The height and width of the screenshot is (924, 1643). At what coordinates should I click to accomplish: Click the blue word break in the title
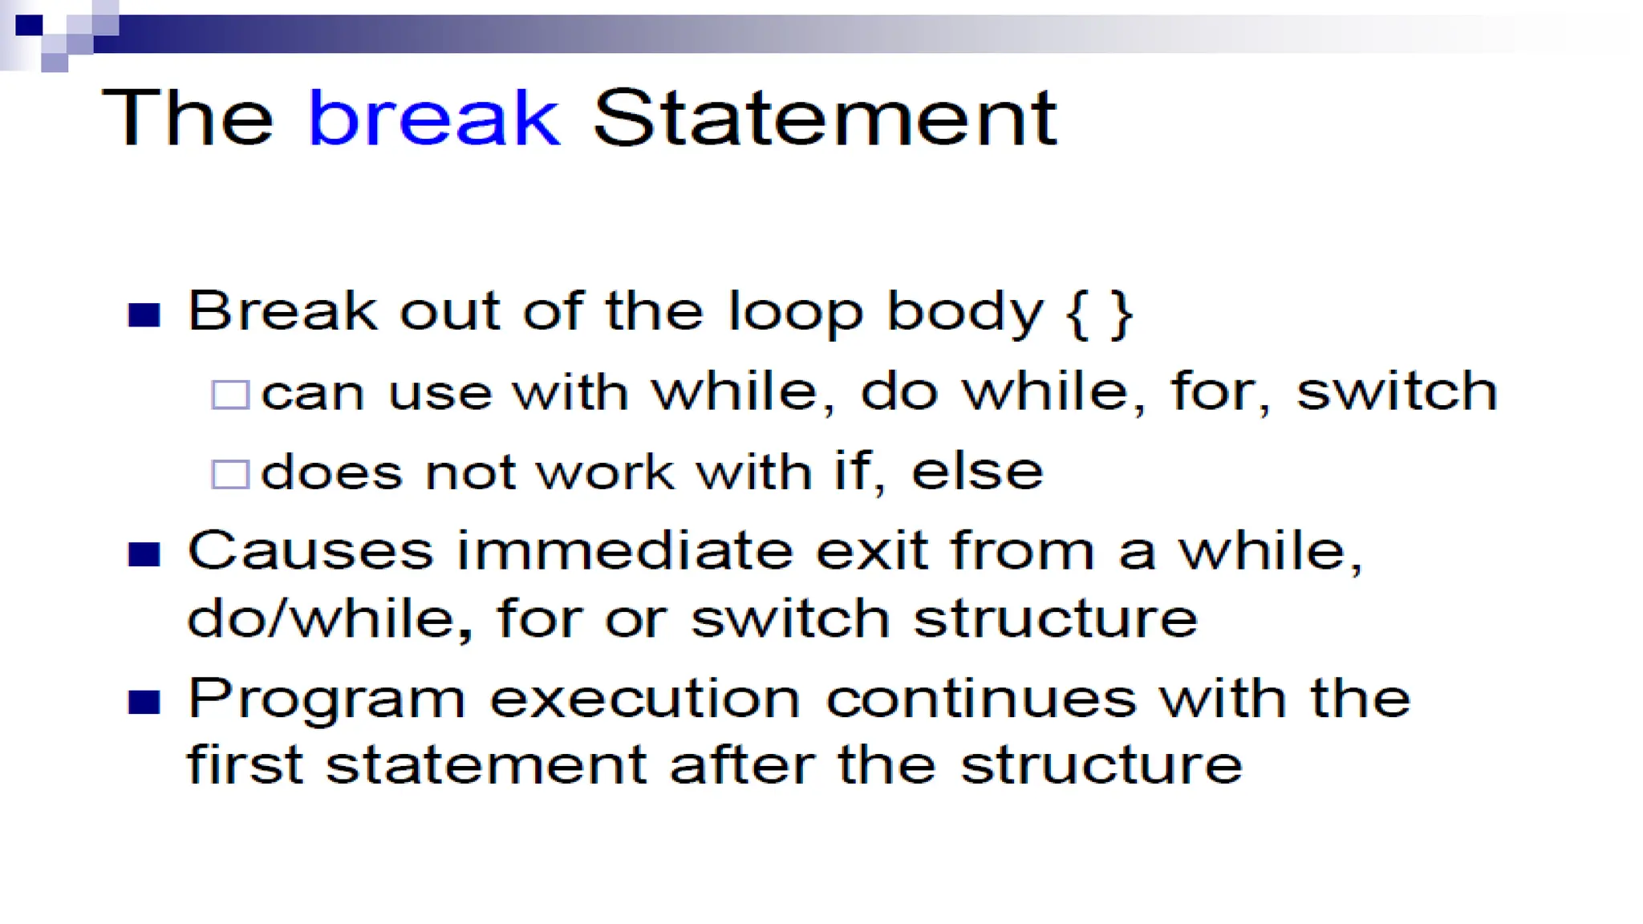coord(433,118)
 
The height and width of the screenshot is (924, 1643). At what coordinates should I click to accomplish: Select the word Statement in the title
coord(825,118)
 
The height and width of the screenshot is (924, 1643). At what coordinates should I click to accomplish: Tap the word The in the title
coord(188,118)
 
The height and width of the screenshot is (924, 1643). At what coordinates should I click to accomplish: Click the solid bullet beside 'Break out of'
coord(144,314)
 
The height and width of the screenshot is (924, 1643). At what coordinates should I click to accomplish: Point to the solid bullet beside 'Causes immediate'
coord(144,554)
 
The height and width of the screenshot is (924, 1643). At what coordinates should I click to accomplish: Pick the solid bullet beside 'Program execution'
coord(144,702)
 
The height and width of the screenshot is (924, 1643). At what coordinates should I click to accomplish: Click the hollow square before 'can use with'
coord(230,395)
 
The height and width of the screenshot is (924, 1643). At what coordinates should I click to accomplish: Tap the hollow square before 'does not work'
coord(230,474)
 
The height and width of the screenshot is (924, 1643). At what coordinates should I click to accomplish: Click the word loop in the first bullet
coord(795,313)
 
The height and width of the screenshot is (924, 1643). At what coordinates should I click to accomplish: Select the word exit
coord(871,551)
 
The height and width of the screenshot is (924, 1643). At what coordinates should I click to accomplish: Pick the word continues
coord(981,699)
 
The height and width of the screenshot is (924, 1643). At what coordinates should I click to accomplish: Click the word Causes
coord(310,551)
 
